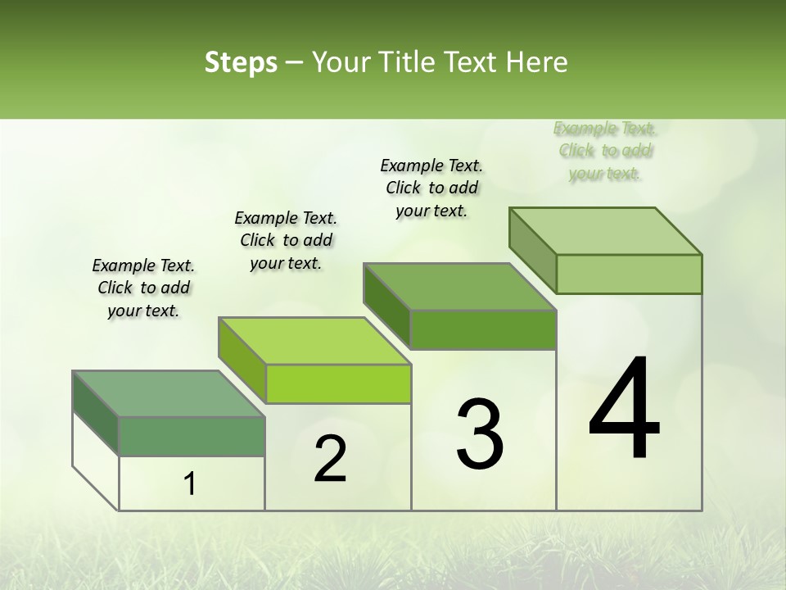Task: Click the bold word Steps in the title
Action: click(x=240, y=62)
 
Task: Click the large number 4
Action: click(x=625, y=409)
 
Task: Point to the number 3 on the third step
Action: click(x=480, y=434)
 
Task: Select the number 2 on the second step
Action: click(x=330, y=459)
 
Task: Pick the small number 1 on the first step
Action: click(x=190, y=484)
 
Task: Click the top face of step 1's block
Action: click(x=169, y=394)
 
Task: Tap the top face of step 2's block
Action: click(x=314, y=341)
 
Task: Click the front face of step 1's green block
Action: click(x=192, y=436)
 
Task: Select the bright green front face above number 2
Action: click(x=338, y=383)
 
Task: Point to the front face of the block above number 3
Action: click(x=483, y=329)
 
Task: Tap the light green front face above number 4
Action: click(x=629, y=274)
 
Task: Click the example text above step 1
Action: click(x=143, y=288)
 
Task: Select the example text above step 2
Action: click(x=286, y=240)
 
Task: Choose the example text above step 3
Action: click(x=431, y=188)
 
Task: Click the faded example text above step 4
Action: click(x=605, y=150)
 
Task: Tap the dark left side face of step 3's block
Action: click(x=386, y=306)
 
